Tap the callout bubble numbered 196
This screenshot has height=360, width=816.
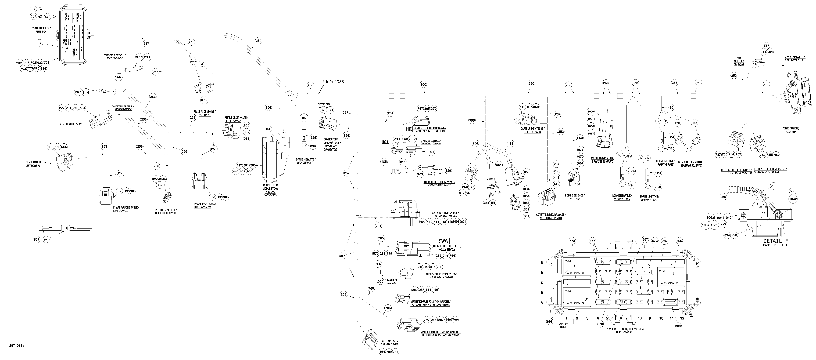(x=268, y=129)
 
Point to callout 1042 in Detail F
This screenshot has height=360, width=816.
(x=799, y=199)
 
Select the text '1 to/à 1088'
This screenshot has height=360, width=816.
(x=333, y=82)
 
